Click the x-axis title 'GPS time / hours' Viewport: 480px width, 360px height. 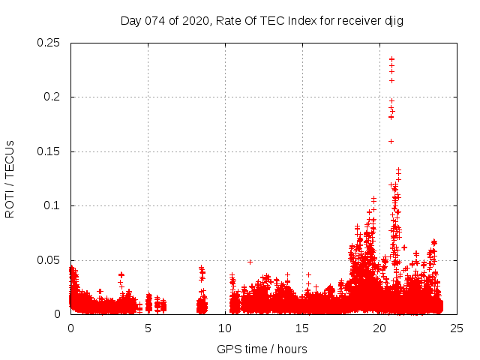click(x=262, y=349)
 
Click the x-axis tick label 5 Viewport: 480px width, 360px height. click(x=148, y=328)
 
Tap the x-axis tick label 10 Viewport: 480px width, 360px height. click(x=225, y=328)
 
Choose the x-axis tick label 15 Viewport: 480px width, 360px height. click(x=302, y=328)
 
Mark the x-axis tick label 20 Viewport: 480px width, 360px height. click(x=379, y=328)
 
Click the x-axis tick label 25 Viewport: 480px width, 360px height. click(x=457, y=328)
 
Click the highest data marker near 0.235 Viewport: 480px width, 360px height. click(x=391, y=58)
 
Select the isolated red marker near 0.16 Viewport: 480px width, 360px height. click(x=391, y=141)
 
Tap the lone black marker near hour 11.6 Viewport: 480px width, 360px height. click(x=250, y=262)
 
